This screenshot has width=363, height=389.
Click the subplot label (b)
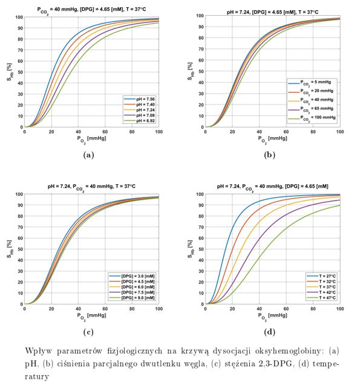tap(273, 155)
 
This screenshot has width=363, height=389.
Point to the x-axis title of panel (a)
tap(91, 138)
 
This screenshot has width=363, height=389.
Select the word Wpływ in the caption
tap(41, 350)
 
